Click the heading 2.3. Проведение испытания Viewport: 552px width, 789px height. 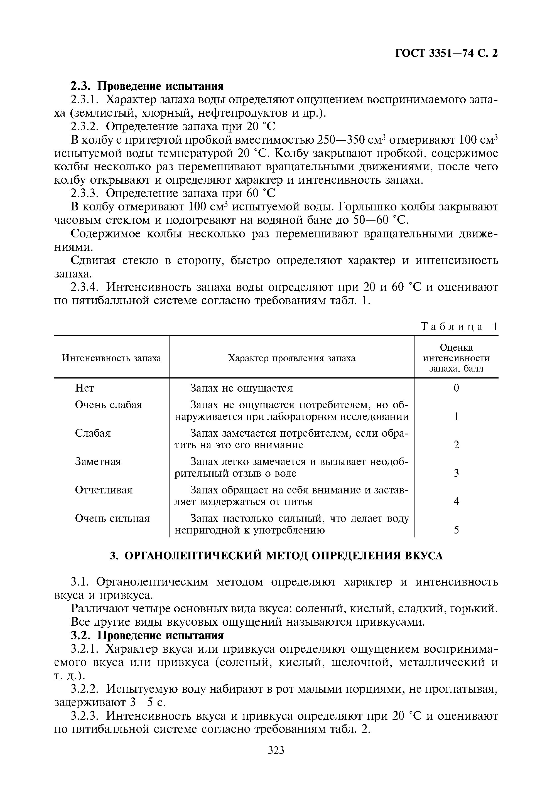[x=147, y=85]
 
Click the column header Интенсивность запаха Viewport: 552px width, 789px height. [x=111, y=358]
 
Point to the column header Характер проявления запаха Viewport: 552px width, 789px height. [x=292, y=358]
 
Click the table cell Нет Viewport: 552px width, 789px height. [x=84, y=388]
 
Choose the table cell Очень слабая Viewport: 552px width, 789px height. [x=109, y=405]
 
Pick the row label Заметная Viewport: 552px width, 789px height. [x=98, y=461]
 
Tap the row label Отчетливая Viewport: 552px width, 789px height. [x=104, y=490]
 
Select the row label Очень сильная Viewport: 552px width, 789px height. [x=112, y=518]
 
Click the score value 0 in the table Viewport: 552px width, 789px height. [x=456, y=388]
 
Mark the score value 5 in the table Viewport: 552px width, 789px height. [x=456, y=530]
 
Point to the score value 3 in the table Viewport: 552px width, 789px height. [x=456, y=473]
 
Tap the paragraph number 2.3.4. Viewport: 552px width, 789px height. [x=85, y=287]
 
